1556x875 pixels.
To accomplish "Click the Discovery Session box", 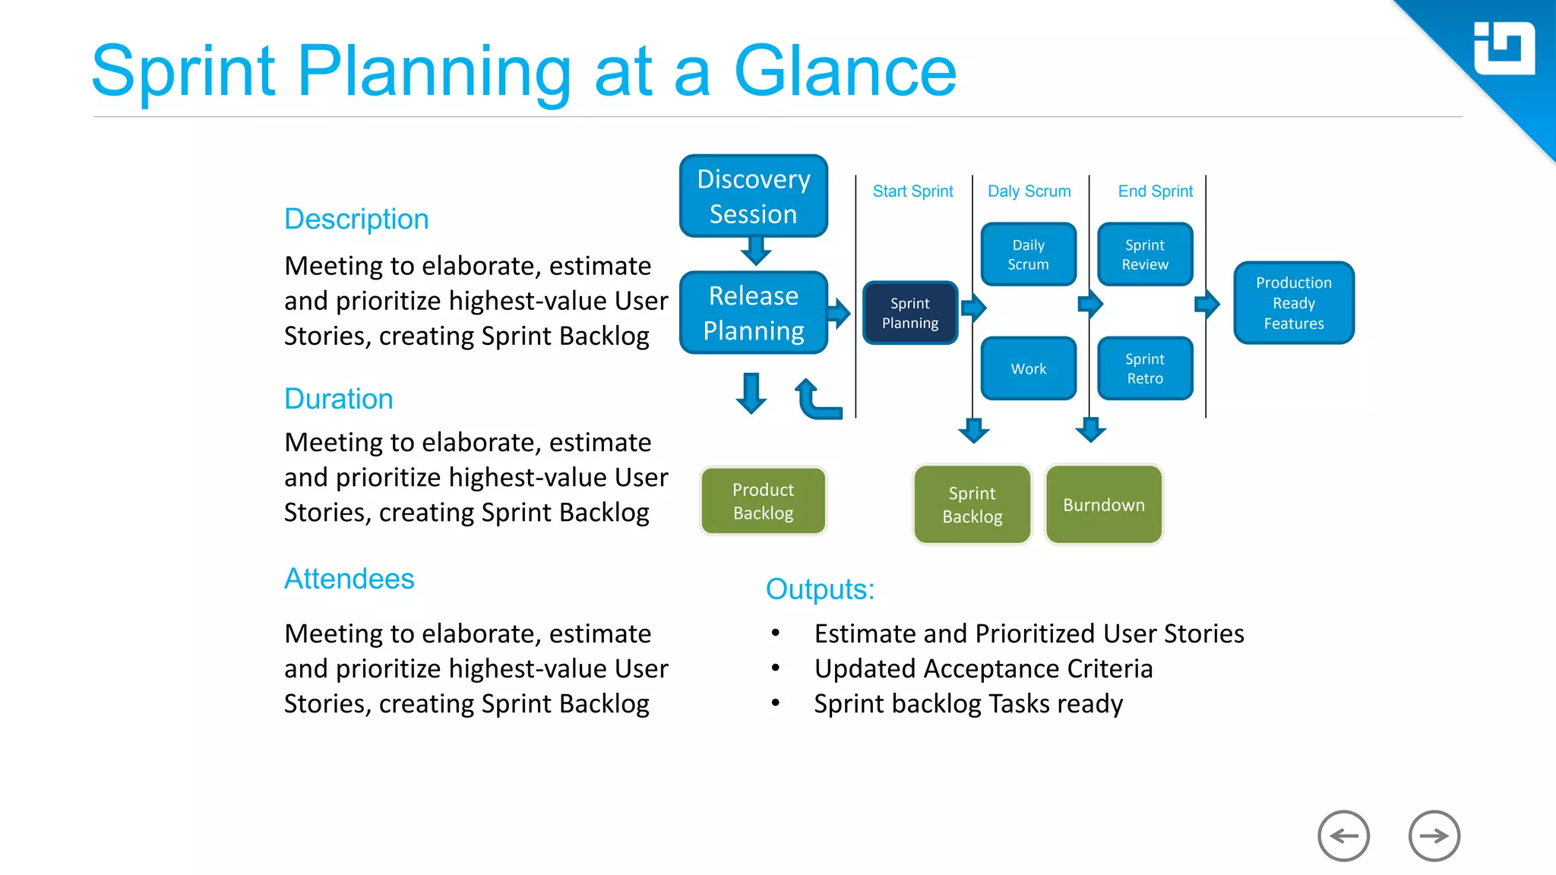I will pyautogui.click(x=753, y=196).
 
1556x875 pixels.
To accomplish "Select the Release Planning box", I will pyautogui.click(x=753, y=313).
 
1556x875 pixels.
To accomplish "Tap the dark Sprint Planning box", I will pyautogui.click(x=909, y=313).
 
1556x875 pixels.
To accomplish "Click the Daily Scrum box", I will pyautogui.click(x=1028, y=254).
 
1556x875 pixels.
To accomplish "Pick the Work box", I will pyautogui.click(x=1028, y=368).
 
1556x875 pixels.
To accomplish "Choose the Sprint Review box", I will pyautogui.click(x=1144, y=254).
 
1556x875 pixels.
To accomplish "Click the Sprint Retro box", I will pyautogui.click(x=1144, y=368).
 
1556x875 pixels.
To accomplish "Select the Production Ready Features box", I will pyautogui.click(x=1293, y=303).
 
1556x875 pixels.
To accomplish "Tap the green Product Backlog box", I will pyautogui.click(x=763, y=501).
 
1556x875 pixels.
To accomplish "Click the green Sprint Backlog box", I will pyautogui.click(x=972, y=504).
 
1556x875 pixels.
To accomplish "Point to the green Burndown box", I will pyautogui.click(x=1103, y=504).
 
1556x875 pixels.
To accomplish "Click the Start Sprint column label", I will pyautogui.click(x=912, y=191).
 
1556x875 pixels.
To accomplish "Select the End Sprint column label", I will pyautogui.click(x=1155, y=191).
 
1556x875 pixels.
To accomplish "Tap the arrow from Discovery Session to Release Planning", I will pyautogui.click(x=755, y=251).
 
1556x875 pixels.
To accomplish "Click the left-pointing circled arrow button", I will pyautogui.click(x=1343, y=836).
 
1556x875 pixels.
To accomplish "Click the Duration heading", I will pyautogui.click(x=338, y=399).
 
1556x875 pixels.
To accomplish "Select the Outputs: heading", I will pyautogui.click(x=820, y=589).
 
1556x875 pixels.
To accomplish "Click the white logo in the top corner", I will pyautogui.click(x=1503, y=49).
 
